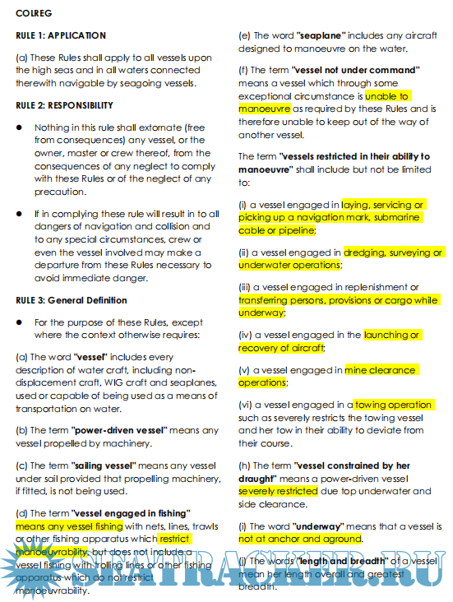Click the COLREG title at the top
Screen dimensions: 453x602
[x=30, y=15]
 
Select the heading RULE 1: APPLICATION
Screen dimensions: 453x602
[x=62, y=35]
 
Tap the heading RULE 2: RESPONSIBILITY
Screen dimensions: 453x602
[x=65, y=105]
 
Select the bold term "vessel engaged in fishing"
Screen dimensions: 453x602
[x=134, y=512]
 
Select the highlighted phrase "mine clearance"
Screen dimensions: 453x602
[x=380, y=370]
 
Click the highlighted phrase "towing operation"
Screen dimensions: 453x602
[x=393, y=405]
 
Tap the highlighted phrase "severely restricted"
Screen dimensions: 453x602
[x=278, y=491]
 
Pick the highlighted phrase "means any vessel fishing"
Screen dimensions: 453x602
[x=68, y=525]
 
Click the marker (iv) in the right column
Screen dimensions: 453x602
[x=246, y=336]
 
